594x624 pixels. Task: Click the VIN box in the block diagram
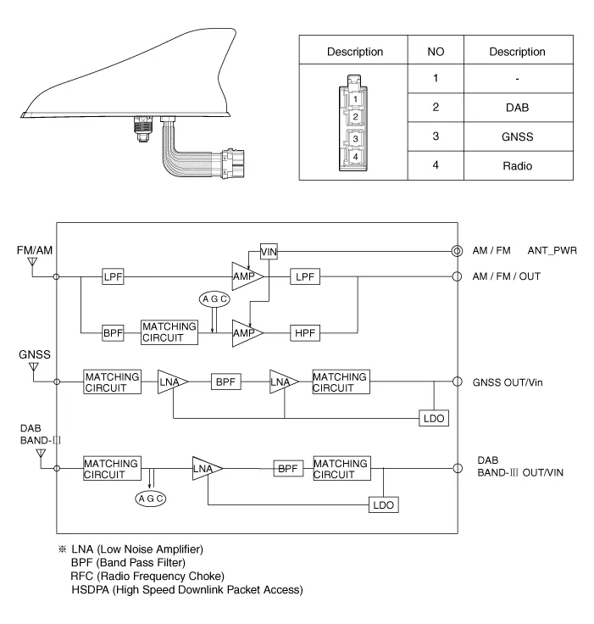[x=269, y=251]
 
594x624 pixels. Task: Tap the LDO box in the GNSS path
[x=434, y=418]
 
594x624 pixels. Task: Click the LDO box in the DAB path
[x=383, y=504]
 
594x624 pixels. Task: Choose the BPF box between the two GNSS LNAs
[x=225, y=382]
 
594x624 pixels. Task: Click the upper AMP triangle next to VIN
[x=247, y=276]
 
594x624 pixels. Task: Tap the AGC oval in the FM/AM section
[x=212, y=298]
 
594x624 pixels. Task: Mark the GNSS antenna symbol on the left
[x=33, y=368]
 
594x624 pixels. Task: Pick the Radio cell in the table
[x=517, y=165]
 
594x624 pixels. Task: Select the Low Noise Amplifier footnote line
[x=137, y=549]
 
